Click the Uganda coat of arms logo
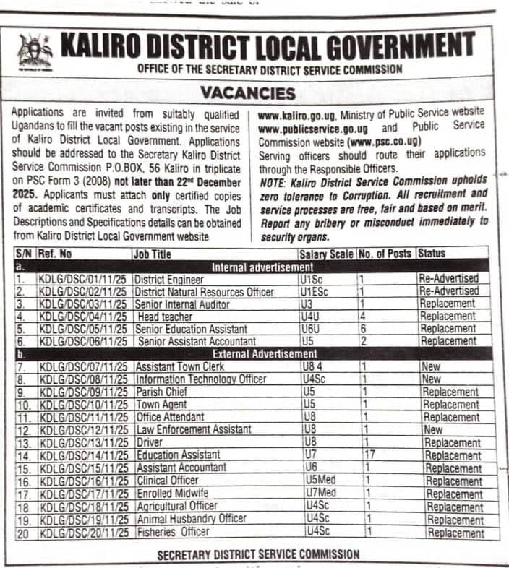coord(33,53)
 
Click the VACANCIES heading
coord(248,94)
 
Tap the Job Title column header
coord(152,254)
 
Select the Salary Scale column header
coord(327,254)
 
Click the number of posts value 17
coord(369,455)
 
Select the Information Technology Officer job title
coord(201,379)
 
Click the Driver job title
coord(150,442)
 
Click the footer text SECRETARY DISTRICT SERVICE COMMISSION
coord(258,554)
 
